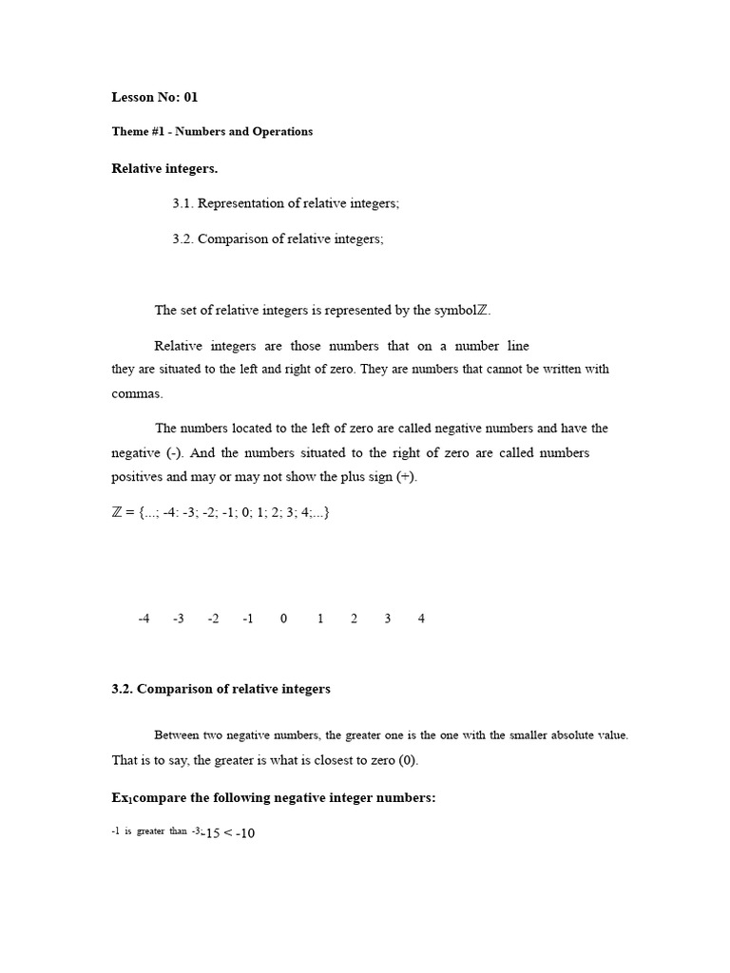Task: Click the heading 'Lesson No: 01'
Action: (155, 97)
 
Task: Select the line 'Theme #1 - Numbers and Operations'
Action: (212, 131)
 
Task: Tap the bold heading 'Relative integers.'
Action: (164, 168)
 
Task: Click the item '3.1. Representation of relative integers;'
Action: (285, 203)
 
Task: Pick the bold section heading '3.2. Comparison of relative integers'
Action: (221, 689)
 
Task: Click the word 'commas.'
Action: (138, 393)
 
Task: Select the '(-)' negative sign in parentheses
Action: (175, 453)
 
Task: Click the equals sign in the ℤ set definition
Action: (129, 512)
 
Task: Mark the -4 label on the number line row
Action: (144, 619)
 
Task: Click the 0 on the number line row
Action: (283, 619)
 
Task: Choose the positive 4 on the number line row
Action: (421, 619)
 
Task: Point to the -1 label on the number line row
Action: (248, 619)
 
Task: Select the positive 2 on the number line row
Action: (354, 619)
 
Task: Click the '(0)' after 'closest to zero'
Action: (406, 760)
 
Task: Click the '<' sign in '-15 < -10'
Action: (228, 834)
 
